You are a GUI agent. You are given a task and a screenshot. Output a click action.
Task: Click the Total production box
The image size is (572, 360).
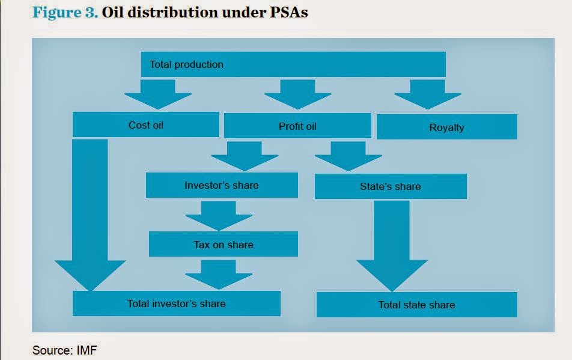click(x=293, y=64)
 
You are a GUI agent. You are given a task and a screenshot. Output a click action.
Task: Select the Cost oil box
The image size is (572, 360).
click(x=145, y=125)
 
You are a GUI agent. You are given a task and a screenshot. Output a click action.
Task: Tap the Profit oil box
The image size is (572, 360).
click(x=297, y=126)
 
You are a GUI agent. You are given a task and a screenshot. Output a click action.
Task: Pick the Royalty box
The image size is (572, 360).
click(x=446, y=127)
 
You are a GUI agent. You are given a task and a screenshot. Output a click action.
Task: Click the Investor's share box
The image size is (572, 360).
click(x=222, y=185)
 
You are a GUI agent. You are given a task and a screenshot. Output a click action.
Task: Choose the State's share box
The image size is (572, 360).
click(x=391, y=186)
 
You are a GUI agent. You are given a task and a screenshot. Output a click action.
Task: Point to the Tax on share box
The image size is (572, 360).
click(x=223, y=244)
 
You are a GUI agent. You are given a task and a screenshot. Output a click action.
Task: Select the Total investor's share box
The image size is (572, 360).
click(x=176, y=304)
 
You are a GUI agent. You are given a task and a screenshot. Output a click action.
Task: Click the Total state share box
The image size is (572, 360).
click(x=416, y=305)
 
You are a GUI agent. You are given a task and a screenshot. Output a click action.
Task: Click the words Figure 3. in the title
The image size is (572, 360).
click(x=66, y=13)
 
